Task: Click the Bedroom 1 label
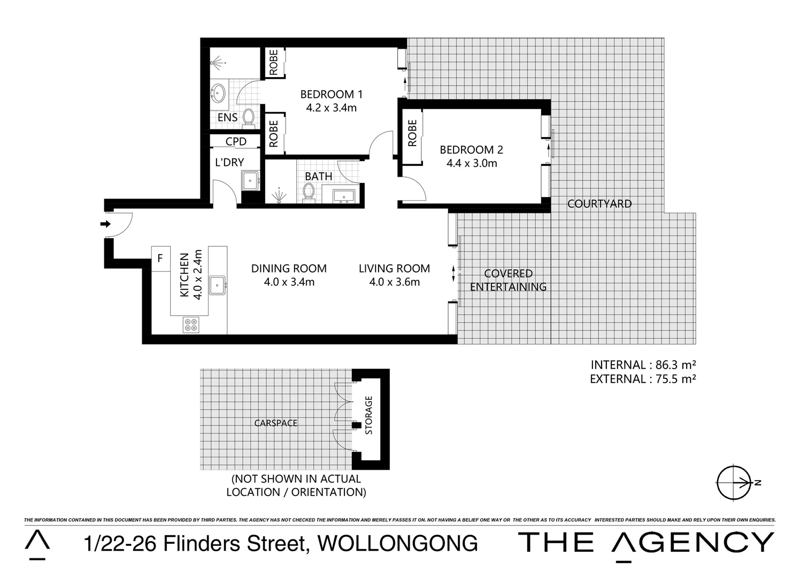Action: click(331, 94)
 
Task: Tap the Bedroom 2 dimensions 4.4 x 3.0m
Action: click(472, 163)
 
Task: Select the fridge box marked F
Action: click(160, 258)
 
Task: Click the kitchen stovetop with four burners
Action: click(191, 324)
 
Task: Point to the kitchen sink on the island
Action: click(217, 285)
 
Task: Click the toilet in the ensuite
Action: click(248, 117)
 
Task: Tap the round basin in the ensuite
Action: click(218, 93)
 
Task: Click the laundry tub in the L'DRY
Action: click(250, 181)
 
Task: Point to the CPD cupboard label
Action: click(236, 141)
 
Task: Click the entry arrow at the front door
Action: click(106, 224)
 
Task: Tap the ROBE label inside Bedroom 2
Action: click(412, 133)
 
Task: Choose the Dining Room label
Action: click(289, 268)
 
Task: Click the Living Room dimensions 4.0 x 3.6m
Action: click(394, 282)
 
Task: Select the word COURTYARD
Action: click(599, 203)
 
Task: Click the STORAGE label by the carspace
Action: click(368, 415)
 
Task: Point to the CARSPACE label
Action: click(275, 423)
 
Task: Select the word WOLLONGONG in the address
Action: click(397, 543)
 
